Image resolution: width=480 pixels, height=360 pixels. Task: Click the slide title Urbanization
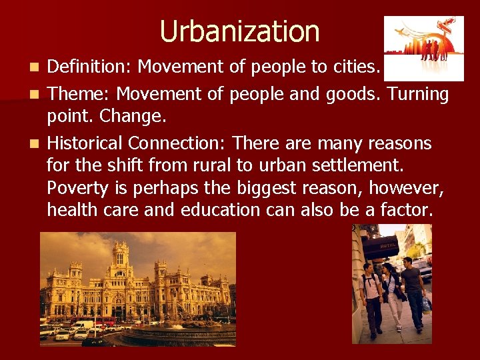[x=240, y=31]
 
